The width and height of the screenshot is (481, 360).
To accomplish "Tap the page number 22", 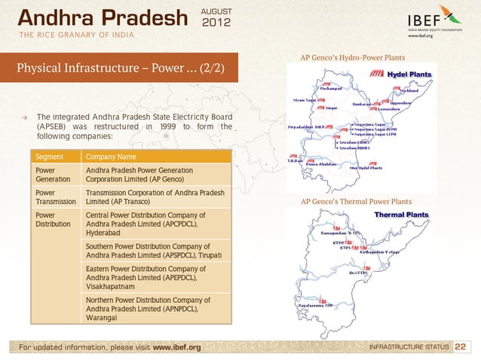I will pyautogui.click(x=464, y=346).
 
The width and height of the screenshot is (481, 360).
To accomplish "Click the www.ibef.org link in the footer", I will pyautogui.click(x=176, y=347).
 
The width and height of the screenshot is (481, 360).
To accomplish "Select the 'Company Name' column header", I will pyautogui.click(x=111, y=157).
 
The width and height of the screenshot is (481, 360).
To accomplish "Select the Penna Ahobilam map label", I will pyautogui.click(x=329, y=163).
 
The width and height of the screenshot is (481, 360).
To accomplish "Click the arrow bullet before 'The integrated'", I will pyautogui.click(x=25, y=117).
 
